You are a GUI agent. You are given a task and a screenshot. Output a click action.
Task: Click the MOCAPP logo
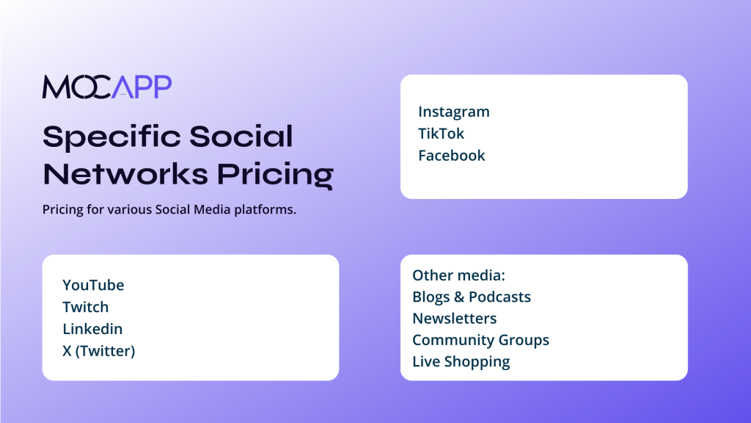(107, 87)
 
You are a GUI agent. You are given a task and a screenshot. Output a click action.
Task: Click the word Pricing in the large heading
(276, 176)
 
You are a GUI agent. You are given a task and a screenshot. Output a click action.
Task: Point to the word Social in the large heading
(241, 136)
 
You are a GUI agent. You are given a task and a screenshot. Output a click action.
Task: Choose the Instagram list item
(453, 112)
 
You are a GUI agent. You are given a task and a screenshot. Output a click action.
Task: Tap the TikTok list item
(441, 134)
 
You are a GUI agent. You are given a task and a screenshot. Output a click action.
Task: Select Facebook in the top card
(451, 156)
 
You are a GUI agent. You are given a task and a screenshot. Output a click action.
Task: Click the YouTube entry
(93, 285)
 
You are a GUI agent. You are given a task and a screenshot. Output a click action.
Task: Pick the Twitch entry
(85, 307)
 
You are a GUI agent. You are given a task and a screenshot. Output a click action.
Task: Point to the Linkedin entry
(92, 329)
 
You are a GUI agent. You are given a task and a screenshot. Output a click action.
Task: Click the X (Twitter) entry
(99, 351)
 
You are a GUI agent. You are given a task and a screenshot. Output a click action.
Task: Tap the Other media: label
(458, 275)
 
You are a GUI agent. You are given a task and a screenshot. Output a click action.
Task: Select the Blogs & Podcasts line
(472, 297)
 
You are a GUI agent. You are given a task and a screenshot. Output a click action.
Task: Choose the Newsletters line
(454, 319)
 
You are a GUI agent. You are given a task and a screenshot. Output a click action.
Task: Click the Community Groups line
(480, 340)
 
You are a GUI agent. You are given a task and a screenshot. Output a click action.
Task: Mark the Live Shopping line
(461, 361)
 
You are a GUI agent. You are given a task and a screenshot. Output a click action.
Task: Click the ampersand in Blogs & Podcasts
(459, 297)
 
